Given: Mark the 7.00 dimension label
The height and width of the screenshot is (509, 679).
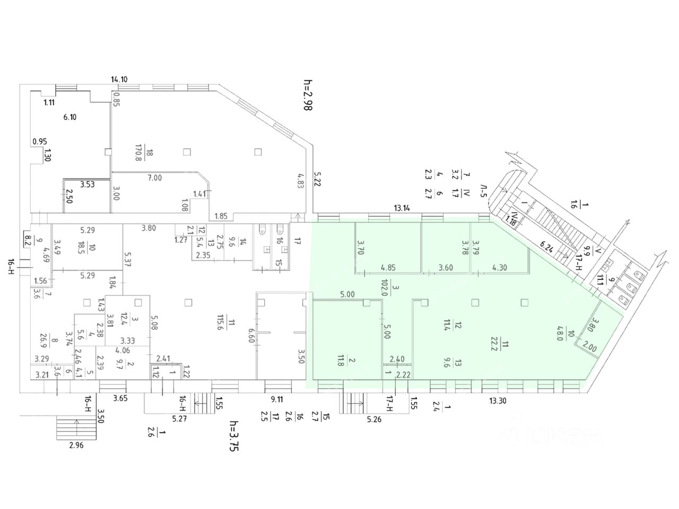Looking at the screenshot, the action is point(154,178).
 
